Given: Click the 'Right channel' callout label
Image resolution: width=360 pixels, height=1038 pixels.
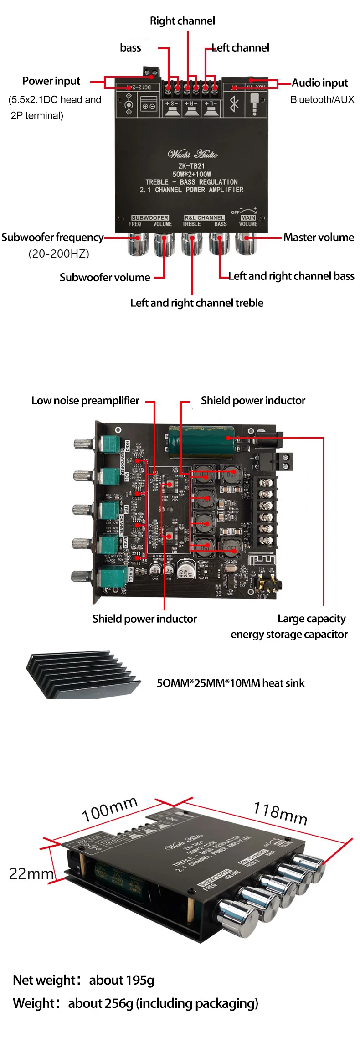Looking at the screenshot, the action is coord(182,21).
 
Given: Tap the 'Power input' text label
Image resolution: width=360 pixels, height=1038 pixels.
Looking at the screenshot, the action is coord(51,81).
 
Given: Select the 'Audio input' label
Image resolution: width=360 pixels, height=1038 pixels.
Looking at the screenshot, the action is coord(319,83).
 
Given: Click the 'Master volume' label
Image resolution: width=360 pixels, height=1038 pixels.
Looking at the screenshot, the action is coord(319,238).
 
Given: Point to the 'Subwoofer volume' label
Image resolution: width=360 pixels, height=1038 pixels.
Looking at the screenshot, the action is coord(105,278).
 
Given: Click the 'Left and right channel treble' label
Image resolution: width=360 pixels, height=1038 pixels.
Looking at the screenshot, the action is coord(197,303).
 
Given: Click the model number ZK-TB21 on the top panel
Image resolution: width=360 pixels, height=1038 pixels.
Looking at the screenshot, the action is coord(191,166).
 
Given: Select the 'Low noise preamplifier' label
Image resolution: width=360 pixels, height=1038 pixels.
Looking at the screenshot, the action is coord(85,401).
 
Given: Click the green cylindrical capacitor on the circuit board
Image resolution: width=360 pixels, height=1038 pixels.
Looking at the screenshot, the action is coord(201,441).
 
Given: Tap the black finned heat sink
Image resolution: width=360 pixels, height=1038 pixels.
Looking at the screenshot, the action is coord(82,675).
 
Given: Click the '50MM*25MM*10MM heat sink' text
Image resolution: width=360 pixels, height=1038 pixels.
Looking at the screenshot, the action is coord(231,683).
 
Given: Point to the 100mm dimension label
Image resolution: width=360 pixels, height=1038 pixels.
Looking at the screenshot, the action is coord(109,809).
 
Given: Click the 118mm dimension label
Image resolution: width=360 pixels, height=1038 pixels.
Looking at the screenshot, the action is coord(280,814).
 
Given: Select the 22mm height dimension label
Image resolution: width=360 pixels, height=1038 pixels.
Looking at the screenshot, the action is coord(31,873).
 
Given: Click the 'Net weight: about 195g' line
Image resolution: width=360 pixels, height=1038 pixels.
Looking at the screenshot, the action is coord(83,980).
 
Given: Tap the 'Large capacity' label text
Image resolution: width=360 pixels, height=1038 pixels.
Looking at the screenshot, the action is coord(312,619).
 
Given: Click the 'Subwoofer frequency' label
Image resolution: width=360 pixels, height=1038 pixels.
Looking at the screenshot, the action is coord(52,238).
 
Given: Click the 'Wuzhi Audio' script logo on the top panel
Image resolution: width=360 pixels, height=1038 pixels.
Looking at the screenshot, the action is coord(192,154).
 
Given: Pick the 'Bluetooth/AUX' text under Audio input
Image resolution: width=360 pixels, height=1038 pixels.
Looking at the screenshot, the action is coord(322,100).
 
